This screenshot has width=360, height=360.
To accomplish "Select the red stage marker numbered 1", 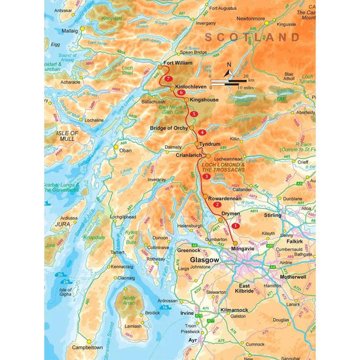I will (235, 226).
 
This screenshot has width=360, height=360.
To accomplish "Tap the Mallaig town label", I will (70, 30).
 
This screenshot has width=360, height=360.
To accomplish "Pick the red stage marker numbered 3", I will (207, 176).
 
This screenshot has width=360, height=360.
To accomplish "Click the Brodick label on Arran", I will (152, 313).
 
